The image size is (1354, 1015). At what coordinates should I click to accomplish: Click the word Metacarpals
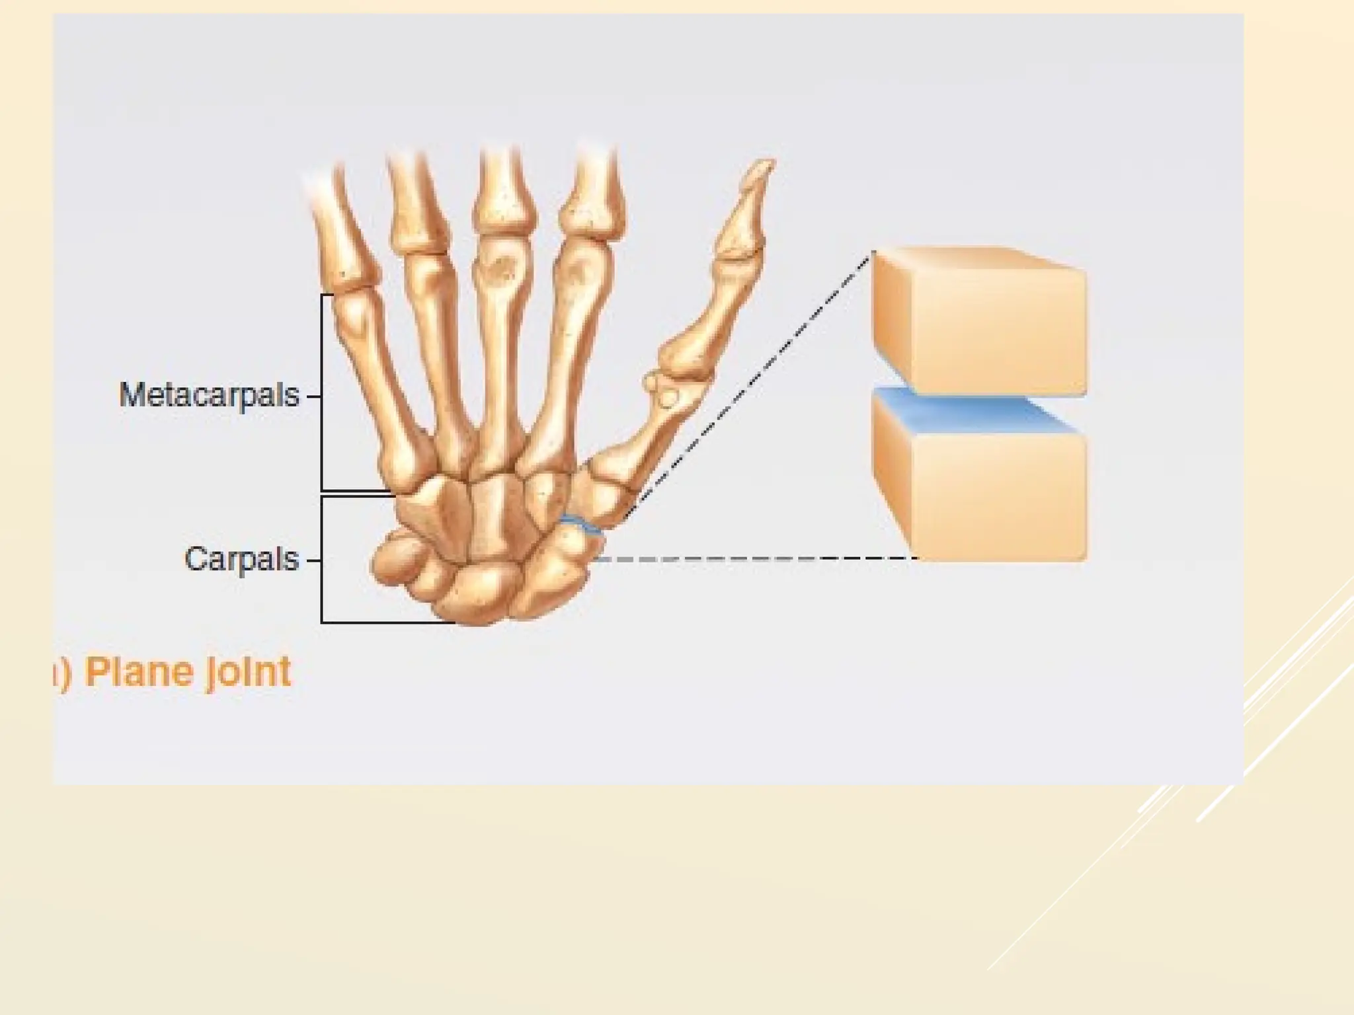pos(209,396)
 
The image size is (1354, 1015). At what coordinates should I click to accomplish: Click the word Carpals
pos(241,560)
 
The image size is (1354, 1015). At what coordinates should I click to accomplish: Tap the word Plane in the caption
pos(136,673)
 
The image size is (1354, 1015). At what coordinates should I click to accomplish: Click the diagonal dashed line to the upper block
pos(747,383)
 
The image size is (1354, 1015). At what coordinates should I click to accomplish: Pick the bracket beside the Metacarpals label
pos(322,393)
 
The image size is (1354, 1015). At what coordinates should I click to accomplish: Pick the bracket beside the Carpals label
pos(322,559)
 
